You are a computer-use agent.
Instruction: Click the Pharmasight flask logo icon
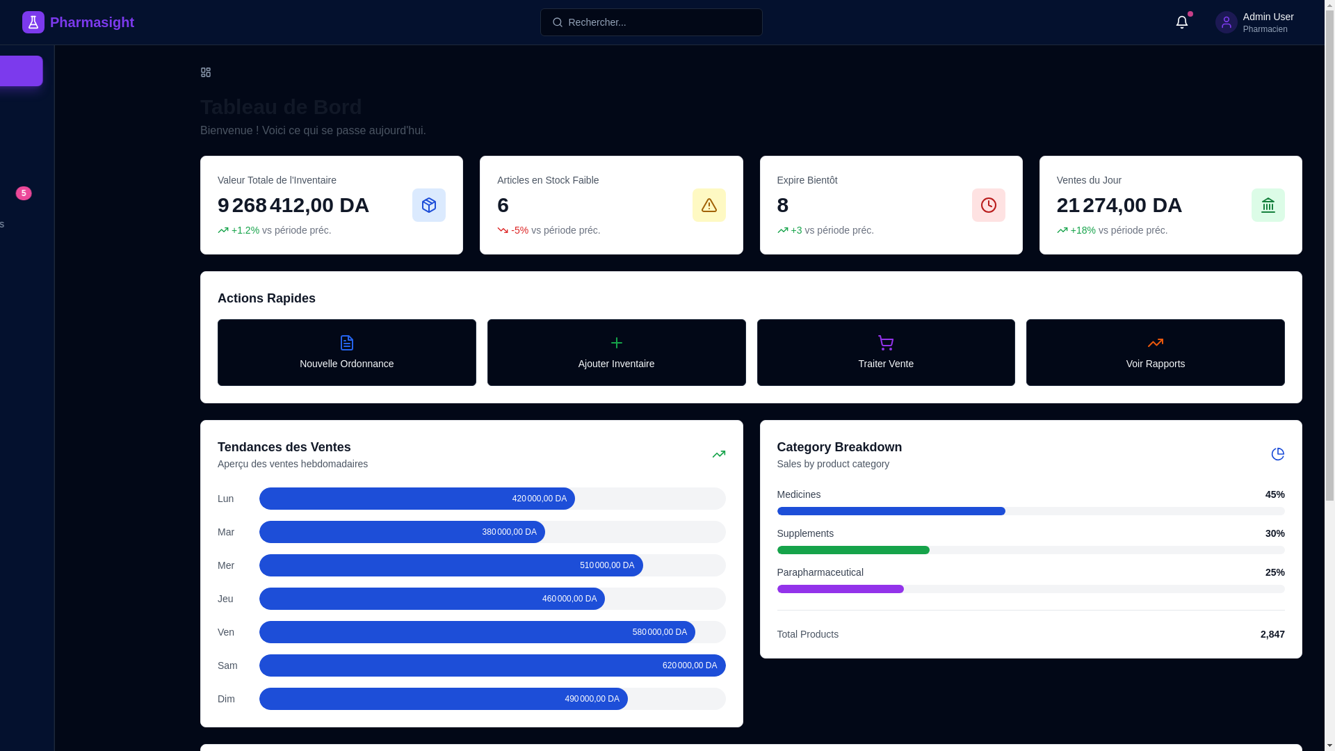tap(33, 22)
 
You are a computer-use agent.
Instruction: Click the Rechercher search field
tap(651, 22)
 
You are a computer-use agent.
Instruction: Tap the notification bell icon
tap(1181, 22)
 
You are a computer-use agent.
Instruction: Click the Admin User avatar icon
tap(1226, 22)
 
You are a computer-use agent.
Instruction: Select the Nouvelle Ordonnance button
tap(346, 353)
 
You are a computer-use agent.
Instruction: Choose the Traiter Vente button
tap(885, 353)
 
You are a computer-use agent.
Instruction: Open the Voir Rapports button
tap(1155, 353)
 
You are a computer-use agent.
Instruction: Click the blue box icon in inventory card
tap(428, 205)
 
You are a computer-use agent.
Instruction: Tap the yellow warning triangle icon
tap(709, 205)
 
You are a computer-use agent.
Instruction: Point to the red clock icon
tap(988, 205)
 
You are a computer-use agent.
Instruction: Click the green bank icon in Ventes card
tap(1268, 205)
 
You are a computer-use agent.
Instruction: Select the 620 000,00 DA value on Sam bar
tap(689, 665)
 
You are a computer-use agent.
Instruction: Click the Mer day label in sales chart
tap(226, 565)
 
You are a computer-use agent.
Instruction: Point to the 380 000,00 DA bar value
tap(509, 532)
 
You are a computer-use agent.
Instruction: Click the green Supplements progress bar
tap(853, 550)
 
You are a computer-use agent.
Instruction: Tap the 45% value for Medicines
tap(1275, 494)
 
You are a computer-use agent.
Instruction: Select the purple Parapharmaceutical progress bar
tap(840, 589)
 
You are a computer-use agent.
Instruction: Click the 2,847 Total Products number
tap(1272, 634)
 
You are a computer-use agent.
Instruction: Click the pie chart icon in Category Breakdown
tap(1277, 454)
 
